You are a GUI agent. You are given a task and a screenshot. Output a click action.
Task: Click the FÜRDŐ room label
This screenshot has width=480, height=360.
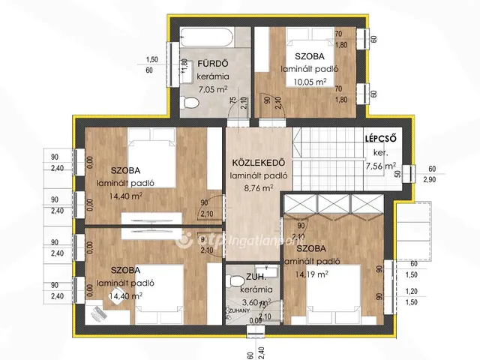pos(211,63)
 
